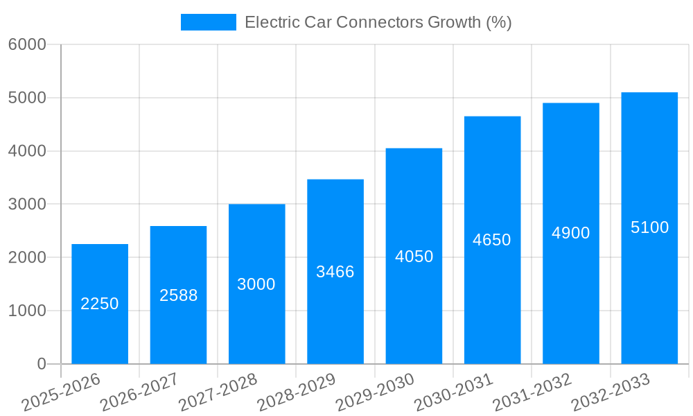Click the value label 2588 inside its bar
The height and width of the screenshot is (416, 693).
pyautogui.click(x=178, y=295)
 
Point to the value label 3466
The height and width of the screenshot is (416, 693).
pyautogui.click(x=335, y=272)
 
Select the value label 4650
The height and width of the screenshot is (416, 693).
pyautogui.click(x=492, y=240)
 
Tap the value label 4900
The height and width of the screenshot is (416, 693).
pyautogui.click(x=571, y=233)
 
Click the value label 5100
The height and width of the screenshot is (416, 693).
pyautogui.click(x=649, y=227)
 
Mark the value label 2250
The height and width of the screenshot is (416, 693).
pyautogui.click(x=100, y=304)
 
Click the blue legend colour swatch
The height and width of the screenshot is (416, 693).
pyautogui.click(x=208, y=22)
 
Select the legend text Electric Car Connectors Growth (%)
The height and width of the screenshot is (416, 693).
pyautogui.click(x=378, y=22)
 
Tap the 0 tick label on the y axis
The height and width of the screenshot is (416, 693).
pyautogui.click(x=41, y=364)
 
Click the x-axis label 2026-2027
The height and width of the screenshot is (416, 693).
pyautogui.click(x=139, y=392)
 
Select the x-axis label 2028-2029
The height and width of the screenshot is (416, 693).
pyautogui.click(x=297, y=392)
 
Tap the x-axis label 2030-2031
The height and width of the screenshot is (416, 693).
pyautogui.click(x=454, y=392)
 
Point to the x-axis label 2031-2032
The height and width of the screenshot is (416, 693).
pyautogui.click(x=532, y=392)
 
